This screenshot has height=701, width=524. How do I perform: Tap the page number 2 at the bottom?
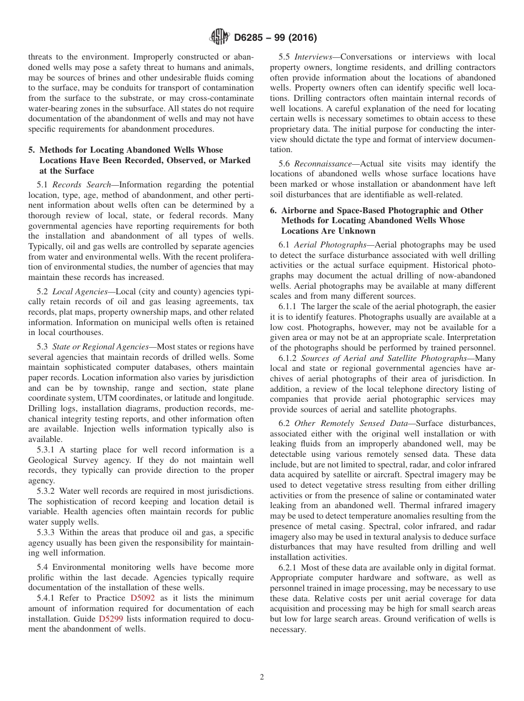(262, 677)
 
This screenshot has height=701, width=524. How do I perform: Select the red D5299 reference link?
(110, 619)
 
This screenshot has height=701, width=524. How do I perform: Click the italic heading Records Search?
(82, 185)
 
